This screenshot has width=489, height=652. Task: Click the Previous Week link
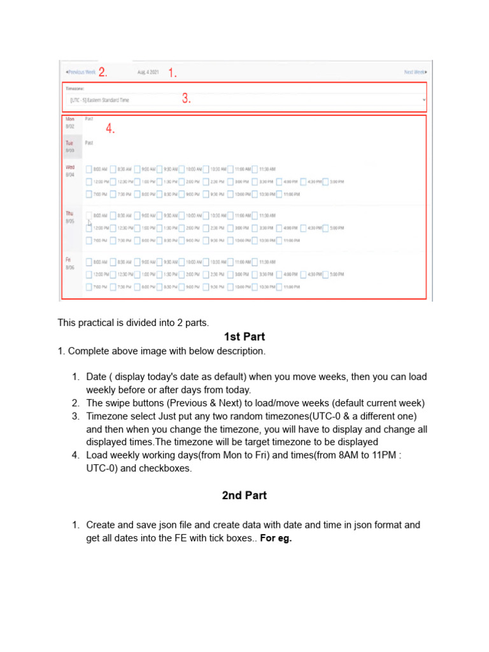pyautogui.click(x=80, y=72)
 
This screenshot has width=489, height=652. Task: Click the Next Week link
pyautogui.click(x=415, y=72)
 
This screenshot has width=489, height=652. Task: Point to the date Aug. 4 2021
pyautogui.click(x=148, y=72)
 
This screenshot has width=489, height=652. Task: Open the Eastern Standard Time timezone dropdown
pyautogui.click(x=245, y=100)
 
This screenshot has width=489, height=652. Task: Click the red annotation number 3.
pyautogui.click(x=187, y=99)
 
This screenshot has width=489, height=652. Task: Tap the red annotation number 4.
pyautogui.click(x=111, y=129)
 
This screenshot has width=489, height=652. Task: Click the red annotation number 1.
pyautogui.click(x=173, y=73)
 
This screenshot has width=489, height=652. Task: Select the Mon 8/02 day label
pyautogui.click(x=70, y=122)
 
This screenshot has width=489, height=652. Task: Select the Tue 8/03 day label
pyautogui.click(x=70, y=147)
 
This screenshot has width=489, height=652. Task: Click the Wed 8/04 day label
pyautogui.click(x=70, y=170)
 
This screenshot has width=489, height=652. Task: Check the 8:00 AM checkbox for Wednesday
pyautogui.click(x=89, y=169)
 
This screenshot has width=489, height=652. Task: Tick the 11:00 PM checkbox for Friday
pyautogui.click(x=279, y=287)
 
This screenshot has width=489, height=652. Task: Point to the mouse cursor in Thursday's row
pyautogui.click(x=89, y=222)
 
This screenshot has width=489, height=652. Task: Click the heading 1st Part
pyautogui.click(x=244, y=337)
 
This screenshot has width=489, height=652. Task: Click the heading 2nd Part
pyautogui.click(x=244, y=495)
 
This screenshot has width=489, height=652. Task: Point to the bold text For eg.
pyautogui.click(x=276, y=538)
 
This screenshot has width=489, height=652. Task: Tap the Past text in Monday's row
pyautogui.click(x=89, y=119)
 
